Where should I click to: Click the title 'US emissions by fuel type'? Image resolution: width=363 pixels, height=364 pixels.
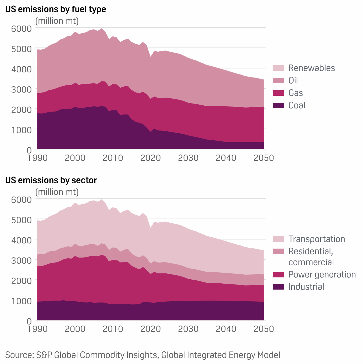(56, 9)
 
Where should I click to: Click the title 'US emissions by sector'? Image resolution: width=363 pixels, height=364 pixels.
(51, 180)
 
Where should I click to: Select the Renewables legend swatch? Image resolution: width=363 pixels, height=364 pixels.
(278, 68)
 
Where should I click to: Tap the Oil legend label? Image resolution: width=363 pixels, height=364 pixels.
(293, 80)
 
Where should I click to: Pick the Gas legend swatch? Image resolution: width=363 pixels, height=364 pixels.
(278, 93)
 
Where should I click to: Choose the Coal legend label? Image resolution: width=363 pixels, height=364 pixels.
(297, 105)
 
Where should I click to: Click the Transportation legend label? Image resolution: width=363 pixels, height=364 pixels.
(316, 239)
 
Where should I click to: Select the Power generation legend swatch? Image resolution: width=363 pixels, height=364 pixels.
(278, 274)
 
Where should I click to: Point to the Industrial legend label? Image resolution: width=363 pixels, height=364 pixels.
(306, 287)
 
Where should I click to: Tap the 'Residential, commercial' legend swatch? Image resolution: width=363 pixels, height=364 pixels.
(278, 252)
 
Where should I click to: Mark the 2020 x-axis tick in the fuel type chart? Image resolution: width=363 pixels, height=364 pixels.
(151, 158)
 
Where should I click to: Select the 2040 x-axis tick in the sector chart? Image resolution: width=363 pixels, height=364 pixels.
(226, 329)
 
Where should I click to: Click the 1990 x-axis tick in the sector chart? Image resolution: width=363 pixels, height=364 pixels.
(38, 329)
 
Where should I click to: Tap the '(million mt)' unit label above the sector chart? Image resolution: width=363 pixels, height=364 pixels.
(57, 192)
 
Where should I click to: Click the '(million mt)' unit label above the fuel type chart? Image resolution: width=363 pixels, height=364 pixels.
(57, 21)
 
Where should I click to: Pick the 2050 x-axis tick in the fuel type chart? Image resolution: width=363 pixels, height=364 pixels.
(264, 158)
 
